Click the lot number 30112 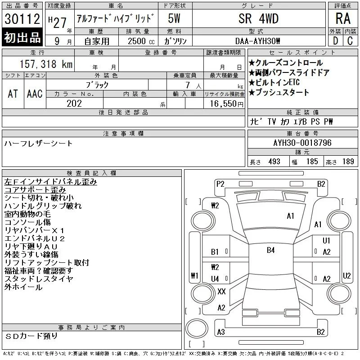click(22, 18)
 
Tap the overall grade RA click(343, 18)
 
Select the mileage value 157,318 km click(46, 64)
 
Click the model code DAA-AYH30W click(257, 41)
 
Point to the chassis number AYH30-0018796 click(302, 143)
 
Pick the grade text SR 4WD click(258, 18)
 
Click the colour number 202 click(74, 103)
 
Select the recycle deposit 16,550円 click(227, 104)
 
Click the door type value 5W click(174, 18)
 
